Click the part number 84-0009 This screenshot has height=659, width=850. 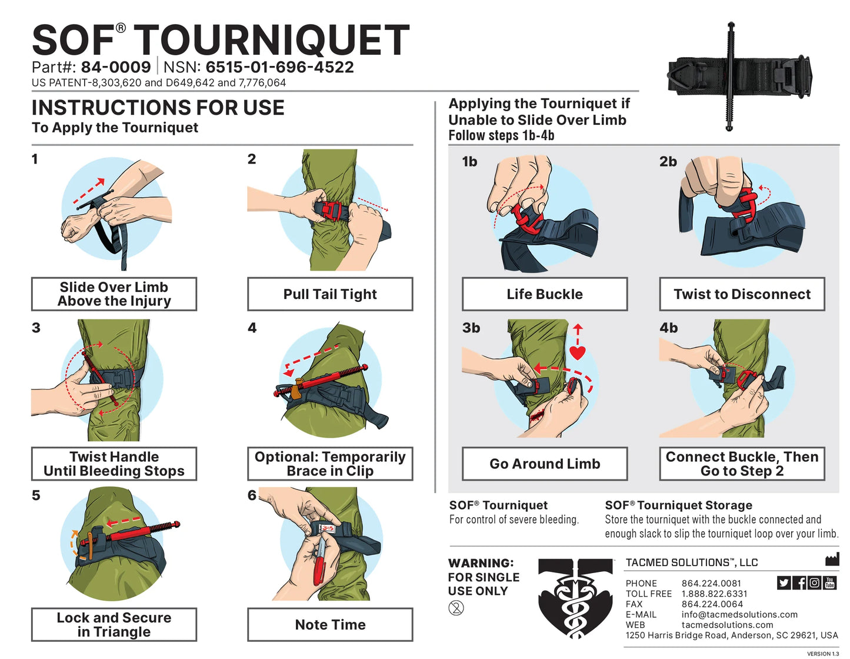(116, 67)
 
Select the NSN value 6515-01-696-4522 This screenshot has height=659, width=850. (279, 67)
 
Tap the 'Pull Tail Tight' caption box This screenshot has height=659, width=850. (330, 294)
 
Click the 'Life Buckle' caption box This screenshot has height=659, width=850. (545, 294)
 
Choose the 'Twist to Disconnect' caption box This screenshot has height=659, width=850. (742, 294)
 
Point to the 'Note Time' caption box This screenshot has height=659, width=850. (330, 625)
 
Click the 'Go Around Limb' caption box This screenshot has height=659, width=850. (545, 464)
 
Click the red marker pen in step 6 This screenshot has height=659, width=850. (319, 563)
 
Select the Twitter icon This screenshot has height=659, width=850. (784, 583)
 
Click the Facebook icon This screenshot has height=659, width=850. (799, 583)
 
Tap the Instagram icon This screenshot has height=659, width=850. (814, 583)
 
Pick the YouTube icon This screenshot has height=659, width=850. (829, 583)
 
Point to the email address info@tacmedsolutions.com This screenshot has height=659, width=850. (739, 614)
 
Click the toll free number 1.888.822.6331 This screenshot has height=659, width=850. (714, 594)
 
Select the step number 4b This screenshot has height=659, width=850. (668, 328)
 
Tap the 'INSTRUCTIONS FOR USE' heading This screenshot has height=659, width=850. (158, 108)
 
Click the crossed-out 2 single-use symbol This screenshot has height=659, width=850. (456, 608)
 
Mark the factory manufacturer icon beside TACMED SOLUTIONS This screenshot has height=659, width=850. (832, 560)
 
